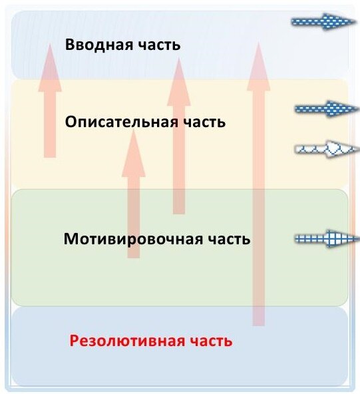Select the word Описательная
[120, 122]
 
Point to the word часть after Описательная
[204, 122]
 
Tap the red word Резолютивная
[127, 341]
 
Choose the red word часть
[211, 341]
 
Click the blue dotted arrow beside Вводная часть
[323, 22]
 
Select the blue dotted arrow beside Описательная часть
[327, 108]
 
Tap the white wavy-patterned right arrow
[327, 149]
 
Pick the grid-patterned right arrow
[327, 238]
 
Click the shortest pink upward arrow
[50, 100]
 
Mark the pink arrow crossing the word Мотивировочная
[133, 194]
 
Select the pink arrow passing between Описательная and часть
[179, 136]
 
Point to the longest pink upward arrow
[258, 184]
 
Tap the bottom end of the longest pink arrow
[258, 325]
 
